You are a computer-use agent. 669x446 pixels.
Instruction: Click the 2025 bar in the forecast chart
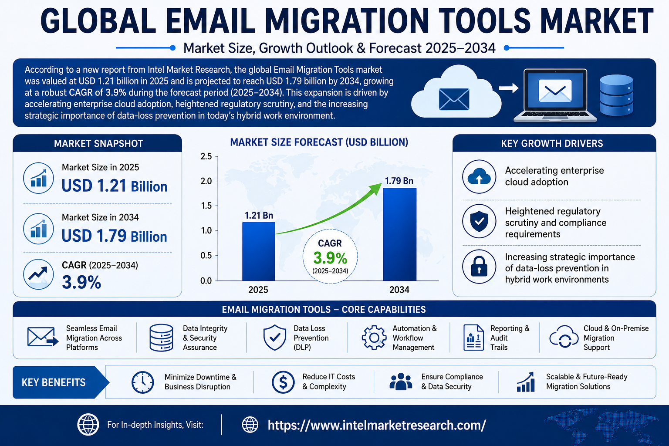pos(259,251)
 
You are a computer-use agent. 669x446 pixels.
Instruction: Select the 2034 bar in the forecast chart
pos(399,234)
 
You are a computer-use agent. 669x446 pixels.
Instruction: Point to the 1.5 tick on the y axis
pos(206,206)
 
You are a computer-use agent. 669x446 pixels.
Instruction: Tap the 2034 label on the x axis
pos(399,290)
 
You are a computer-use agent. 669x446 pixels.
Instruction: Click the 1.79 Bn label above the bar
pos(399,181)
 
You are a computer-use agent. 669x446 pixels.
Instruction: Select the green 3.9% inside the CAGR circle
pos(330,258)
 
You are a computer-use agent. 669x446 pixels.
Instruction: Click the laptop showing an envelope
pos(555,95)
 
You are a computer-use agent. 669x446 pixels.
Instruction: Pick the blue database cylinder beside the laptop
pos(616,95)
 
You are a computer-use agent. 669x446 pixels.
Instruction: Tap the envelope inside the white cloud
pos(454,99)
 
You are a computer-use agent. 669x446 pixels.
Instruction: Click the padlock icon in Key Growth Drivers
pos(479,267)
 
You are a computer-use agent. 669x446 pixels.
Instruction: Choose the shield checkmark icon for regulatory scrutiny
pos(479,221)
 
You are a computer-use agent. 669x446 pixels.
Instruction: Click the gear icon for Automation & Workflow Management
pos(374,338)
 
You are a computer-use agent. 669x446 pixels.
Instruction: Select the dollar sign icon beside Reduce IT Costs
pos(283,382)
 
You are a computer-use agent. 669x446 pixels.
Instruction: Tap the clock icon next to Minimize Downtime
pos(143,382)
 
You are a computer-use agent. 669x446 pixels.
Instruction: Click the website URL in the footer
pos(377,425)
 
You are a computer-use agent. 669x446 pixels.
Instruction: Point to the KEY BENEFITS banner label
pos(54,382)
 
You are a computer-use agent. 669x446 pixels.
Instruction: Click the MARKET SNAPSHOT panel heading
pos(98,144)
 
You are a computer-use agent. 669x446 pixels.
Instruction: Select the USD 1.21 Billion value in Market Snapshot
pos(115,186)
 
